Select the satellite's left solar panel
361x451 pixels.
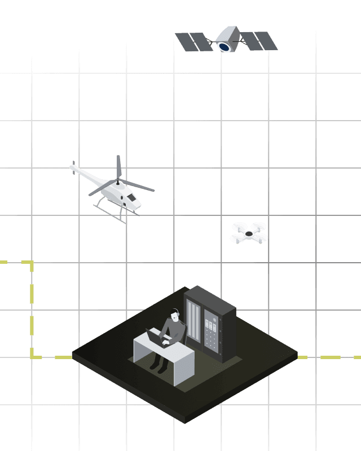tap(193, 42)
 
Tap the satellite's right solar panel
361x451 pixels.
tap(260, 41)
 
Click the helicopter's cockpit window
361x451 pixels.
tap(131, 198)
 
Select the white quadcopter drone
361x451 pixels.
tap(249, 233)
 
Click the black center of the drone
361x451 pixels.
tap(249, 233)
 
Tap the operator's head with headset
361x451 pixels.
tap(176, 316)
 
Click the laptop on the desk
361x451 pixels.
tap(154, 337)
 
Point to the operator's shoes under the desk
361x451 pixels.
tap(158, 368)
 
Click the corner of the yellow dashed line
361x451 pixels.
tap(32, 263)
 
